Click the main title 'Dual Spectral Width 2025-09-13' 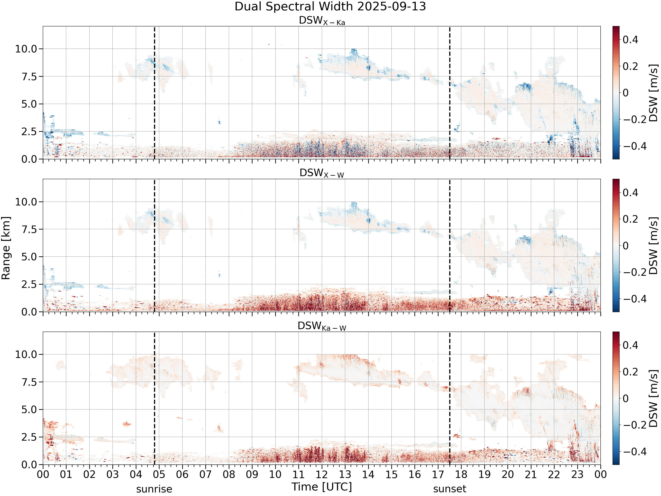point(330,7)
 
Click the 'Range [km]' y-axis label point(6,248)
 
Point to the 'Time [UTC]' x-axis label point(322,487)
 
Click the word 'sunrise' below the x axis point(154,489)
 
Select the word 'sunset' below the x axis point(450,489)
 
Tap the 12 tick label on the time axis point(322,474)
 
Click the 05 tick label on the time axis point(159,474)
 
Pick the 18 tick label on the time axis point(461,474)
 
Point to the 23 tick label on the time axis point(577,474)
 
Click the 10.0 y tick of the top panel point(26,49)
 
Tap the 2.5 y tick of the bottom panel point(29,437)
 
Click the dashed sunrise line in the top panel point(154,93)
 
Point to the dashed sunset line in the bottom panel point(450,398)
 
